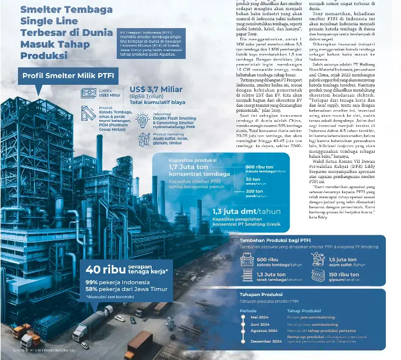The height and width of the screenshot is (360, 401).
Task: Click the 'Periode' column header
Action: tap(248, 310)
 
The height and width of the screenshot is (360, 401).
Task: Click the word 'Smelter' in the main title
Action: tap(40, 10)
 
